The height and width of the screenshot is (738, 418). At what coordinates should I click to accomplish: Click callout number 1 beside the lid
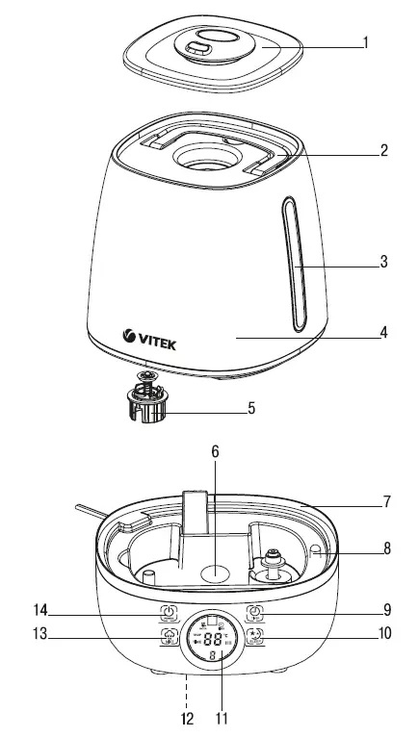pos(366,42)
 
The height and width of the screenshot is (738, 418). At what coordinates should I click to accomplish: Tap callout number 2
pos(383,151)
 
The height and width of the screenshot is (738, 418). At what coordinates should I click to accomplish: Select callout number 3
pos(383,261)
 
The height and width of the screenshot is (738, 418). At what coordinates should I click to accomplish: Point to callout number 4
pos(383,334)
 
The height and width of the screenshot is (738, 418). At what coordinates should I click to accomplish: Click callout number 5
pos(251,408)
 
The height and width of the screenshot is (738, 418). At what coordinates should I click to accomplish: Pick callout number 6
pos(216,451)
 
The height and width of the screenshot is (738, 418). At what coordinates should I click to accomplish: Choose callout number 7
pos(385,502)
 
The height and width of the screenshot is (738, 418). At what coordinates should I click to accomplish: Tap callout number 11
pos(222,718)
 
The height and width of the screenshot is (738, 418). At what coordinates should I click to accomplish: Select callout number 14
pos(39,611)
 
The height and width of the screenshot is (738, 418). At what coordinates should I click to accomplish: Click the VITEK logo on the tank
pos(150,337)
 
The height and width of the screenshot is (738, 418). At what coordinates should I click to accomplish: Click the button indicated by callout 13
pos(169,637)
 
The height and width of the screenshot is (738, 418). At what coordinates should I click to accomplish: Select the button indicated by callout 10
pos(255,636)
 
